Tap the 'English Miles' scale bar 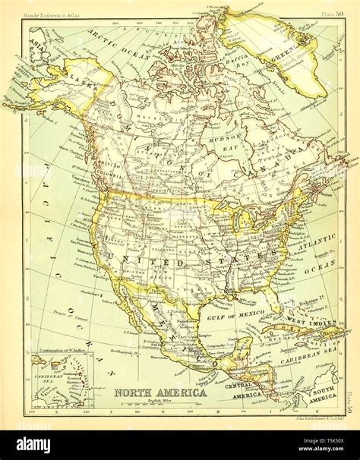click(x=159, y=406)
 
